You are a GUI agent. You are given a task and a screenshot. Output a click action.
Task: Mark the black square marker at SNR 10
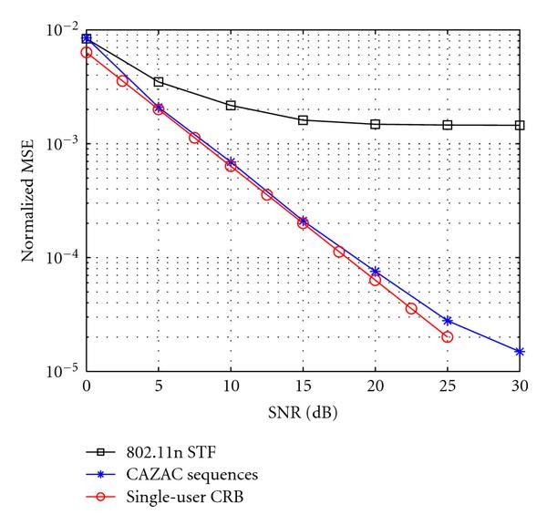[x=231, y=106]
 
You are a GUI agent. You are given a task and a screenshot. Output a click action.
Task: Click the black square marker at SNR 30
[x=520, y=125]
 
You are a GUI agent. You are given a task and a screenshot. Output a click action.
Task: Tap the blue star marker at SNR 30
[x=520, y=351]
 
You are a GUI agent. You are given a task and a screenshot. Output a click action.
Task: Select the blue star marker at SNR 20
[x=375, y=272]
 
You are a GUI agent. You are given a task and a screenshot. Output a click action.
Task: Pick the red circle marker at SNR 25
[x=448, y=336]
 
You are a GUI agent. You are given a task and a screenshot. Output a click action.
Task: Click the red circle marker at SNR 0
[x=87, y=52]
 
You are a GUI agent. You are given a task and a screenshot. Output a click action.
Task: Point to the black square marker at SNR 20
[x=375, y=124]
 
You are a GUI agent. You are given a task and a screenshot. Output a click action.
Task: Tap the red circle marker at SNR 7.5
[x=194, y=138]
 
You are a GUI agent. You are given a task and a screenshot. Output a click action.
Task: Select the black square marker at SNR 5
[x=159, y=82]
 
